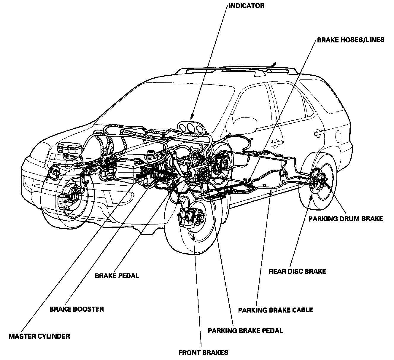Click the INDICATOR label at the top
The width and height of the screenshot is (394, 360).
pyautogui.click(x=247, y=6)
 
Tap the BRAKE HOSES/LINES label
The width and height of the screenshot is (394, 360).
pyautogui.click(x=351, y=40)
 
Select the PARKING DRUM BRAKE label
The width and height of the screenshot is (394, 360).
pyautogui.click(x=346, y=219)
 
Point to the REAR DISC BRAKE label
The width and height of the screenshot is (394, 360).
pyautogui.click(x=297, y=271)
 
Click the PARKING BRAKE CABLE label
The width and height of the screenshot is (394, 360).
pyautogui.click(x=276, y=310)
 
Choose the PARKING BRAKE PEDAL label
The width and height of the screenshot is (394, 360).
pyautogui.click(x=245, y=330)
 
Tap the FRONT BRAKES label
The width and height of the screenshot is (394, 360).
pyautogui.click(x=203, y=353)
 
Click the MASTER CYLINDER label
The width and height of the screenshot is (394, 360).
pyautogui.click(x=39, y=336)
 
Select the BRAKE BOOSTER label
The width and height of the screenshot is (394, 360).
pyautogui.click(x=77, y=309)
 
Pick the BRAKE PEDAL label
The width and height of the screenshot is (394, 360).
pyautogui.click(x=117, y=275)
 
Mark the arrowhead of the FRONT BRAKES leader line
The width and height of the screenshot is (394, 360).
pyautogui.click(x=194, y=236)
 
